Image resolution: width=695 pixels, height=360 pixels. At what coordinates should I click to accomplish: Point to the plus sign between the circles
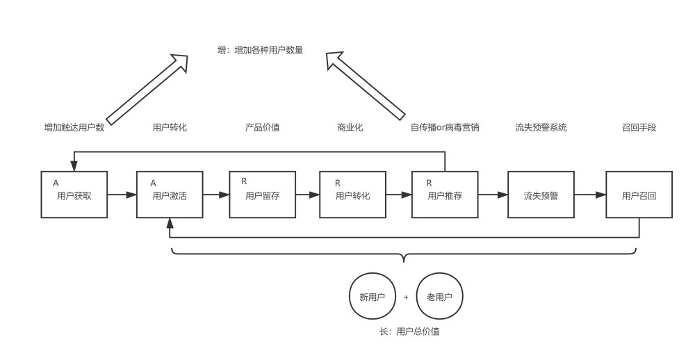pos(406,297)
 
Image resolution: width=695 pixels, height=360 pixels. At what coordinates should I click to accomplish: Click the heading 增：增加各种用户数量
pos(260,50)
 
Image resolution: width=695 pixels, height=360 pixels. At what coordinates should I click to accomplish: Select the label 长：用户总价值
pos(409,332)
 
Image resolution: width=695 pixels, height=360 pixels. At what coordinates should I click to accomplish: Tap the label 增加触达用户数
pos(74,128)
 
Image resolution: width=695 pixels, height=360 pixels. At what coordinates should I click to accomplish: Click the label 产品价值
pos(263,128)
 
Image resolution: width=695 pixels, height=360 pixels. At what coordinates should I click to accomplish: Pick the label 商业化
pos(350,128)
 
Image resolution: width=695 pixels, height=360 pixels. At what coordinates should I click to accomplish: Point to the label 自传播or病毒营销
pos(445,128)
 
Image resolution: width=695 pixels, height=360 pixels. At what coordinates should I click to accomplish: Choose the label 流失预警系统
pos(541,128)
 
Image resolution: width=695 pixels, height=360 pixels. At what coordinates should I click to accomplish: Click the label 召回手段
pos(639,128)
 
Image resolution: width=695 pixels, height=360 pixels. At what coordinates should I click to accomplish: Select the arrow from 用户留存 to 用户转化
pos(308,195)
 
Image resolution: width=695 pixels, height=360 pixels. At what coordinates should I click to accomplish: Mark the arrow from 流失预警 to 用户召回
pos(590,195)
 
